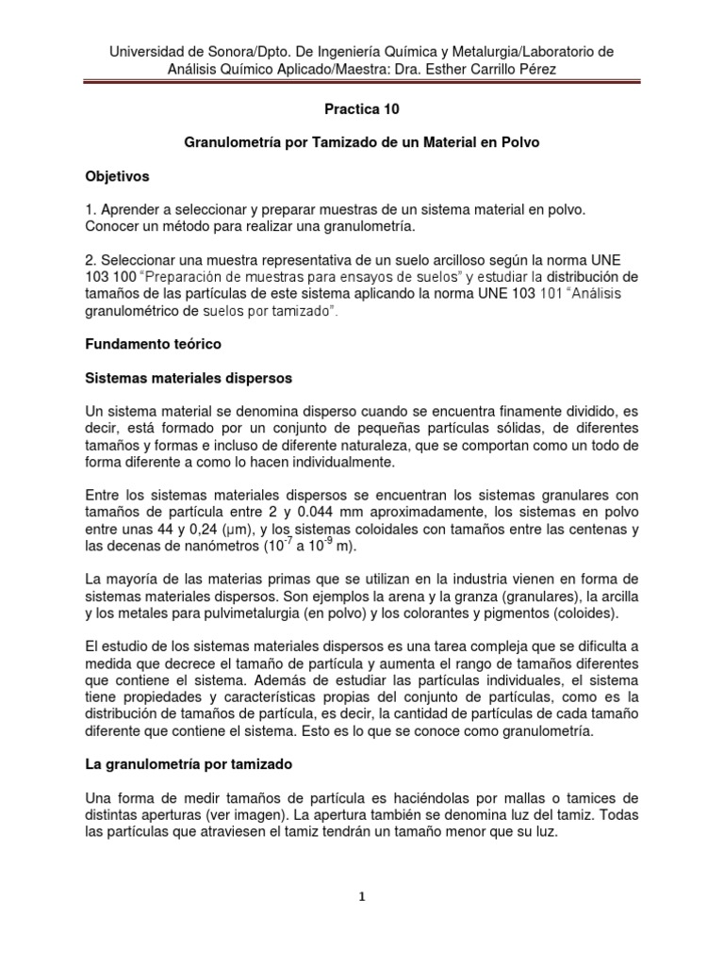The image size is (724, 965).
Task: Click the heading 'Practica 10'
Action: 362,109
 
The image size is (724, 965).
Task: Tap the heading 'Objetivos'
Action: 118,176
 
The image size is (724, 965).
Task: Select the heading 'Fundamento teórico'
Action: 153,345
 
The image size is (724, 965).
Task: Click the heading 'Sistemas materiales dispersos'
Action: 189,378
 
